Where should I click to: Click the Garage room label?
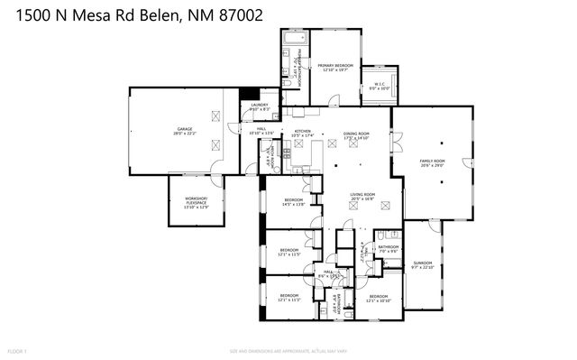pyautogui.click(x=185, y=132)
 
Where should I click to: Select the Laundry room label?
pyautogui.click(x=259, y=107)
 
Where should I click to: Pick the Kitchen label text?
pyautogui.click(x=302, y=134)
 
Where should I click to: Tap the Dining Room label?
pyautogui.click(x=356, y=135)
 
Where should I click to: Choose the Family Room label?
pyautogui.click(x=433, y=162)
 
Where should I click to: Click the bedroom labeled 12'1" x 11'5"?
pyautogui.click(x=288, y=251)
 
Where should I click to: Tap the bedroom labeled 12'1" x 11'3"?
pyautogui.click(x=288, y=298)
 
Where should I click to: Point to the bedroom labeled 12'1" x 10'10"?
pyautogui.click(x=378, y=298)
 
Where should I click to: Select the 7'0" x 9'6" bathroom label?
pyautogui.click(x=389, y=248)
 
